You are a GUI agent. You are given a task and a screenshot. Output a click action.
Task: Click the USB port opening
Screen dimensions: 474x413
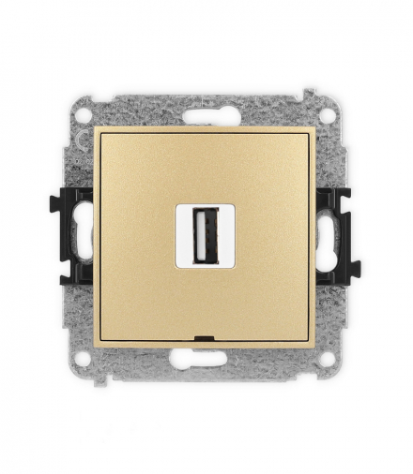[206, 241]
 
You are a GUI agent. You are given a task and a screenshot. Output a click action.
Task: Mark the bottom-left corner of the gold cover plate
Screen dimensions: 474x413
[96, 343]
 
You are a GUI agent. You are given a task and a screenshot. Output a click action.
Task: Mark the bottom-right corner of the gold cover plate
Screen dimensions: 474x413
[316, 343]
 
